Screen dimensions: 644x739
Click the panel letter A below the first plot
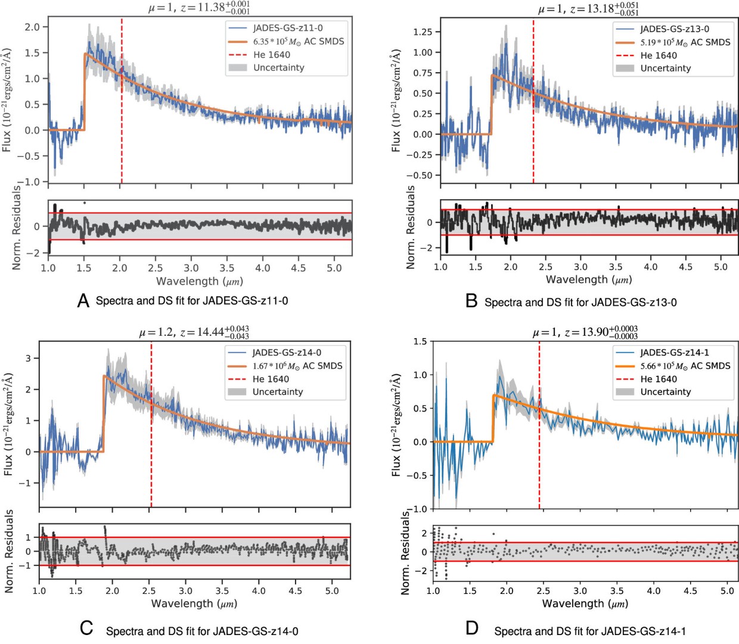(83, 301)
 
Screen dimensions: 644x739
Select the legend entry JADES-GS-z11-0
(288, 28)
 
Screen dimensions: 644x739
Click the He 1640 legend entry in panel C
(271, 379)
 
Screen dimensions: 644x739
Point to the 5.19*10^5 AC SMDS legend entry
(685, 42)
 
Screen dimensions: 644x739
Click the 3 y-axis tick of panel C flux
(28, 358)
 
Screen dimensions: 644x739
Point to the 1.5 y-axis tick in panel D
(420, 342)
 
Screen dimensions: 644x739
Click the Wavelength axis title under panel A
(199, 281)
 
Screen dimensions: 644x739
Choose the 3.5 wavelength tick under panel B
(616, 267)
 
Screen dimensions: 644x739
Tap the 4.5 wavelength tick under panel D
(690, 591)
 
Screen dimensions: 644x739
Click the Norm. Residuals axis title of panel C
(9, 551)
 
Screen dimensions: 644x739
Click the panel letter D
(471, 628)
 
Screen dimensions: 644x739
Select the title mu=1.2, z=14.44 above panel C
(194, 332)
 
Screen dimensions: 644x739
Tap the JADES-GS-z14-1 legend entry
(675, 352)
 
